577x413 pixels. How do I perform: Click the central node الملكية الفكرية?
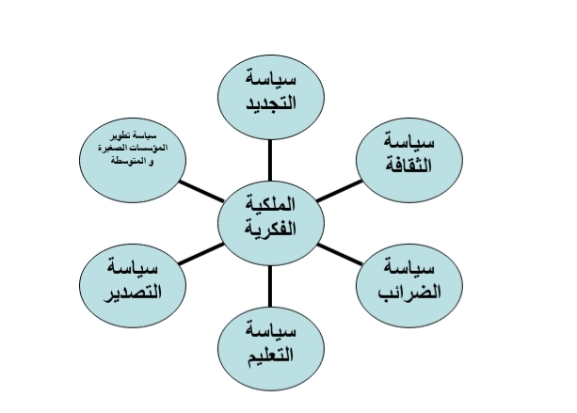click(x=271, y=223)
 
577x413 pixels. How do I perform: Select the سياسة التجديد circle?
click(x=271, y=97)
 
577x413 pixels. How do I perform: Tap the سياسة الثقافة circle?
click(x=409, y=160)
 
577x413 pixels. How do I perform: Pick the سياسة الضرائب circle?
click(x=409, y=286)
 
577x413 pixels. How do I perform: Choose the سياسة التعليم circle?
click(x=271, y=349)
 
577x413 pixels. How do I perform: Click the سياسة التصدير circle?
click(x=133, y=286)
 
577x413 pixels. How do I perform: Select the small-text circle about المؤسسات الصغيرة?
click(x=133, y=160)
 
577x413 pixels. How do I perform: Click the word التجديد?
click(x=271, y=103)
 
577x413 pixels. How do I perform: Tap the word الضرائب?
click(x=409, y=292)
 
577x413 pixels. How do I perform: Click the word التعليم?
click(x=271, y=355)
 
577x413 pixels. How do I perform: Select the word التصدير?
click(x=133, y=293)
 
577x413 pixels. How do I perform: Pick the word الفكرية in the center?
click(x=271, y=229)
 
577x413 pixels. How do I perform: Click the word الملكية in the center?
click(x=271, y=204)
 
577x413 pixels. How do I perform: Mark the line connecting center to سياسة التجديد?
click(x=270, y=160)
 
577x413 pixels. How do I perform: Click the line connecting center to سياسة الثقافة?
click(x=339, y=191)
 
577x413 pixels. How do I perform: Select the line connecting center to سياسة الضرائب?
click(x=340, y=254)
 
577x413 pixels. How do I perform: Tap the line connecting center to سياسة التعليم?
click(x=270, y=286)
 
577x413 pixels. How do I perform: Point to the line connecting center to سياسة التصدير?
click(x=201, y=254)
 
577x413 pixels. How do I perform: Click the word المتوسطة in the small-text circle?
click(x=127, y=161)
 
